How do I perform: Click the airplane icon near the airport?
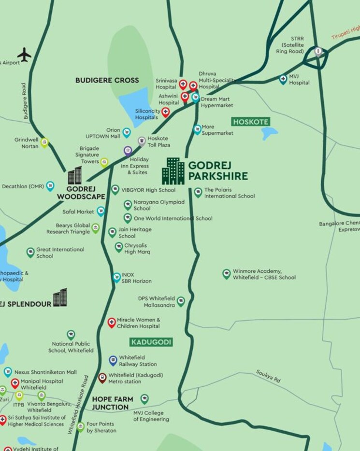coord(24,54)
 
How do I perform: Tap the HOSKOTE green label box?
coord(250,122)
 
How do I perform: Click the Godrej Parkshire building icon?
coord(173,171)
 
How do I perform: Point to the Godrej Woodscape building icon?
coord(75,175)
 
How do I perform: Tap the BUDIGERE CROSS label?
coord(107,81)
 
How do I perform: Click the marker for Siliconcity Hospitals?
coord(166,113)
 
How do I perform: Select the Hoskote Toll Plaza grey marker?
coord(142,141)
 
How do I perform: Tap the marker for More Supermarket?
coord(197,129)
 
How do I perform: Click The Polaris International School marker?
coord(198,193)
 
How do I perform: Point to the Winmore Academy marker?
coord(226,274)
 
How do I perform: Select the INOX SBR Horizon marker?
coord(116,277)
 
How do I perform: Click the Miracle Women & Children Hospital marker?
coord(112,323)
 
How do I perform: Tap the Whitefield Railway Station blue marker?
coord(113,360)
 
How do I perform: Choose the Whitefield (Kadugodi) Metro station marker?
coord(102,378)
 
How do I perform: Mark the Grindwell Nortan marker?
coord(44,142)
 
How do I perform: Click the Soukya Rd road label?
coord(268,377)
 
